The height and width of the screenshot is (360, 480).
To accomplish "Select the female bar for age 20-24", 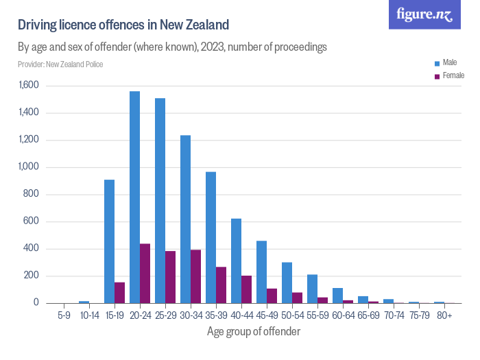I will pyautogui.click(x=145, y=274).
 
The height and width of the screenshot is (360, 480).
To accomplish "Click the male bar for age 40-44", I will pyautogui.click(x=236, y=261).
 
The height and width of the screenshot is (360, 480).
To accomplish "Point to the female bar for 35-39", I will pyautogui.click(x=221, y=285).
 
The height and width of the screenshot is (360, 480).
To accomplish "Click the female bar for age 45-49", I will pyautogui.click(x=272, y=296).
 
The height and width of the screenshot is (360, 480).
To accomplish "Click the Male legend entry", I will pyautogui.click(x=449, y=62).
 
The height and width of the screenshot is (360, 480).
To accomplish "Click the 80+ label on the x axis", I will pyautogui.click(x=444, y=315).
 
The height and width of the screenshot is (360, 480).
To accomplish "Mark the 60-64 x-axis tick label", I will pyautogui.click(x=343, y=315).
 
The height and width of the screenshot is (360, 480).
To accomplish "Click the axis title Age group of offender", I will pyautogui.click(x=253, y=331).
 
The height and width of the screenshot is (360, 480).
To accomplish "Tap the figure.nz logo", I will pyautogui.click(x=424, y=14).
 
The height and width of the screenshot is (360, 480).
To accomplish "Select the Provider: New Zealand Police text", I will pyautogui.click(x=60, y=64).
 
